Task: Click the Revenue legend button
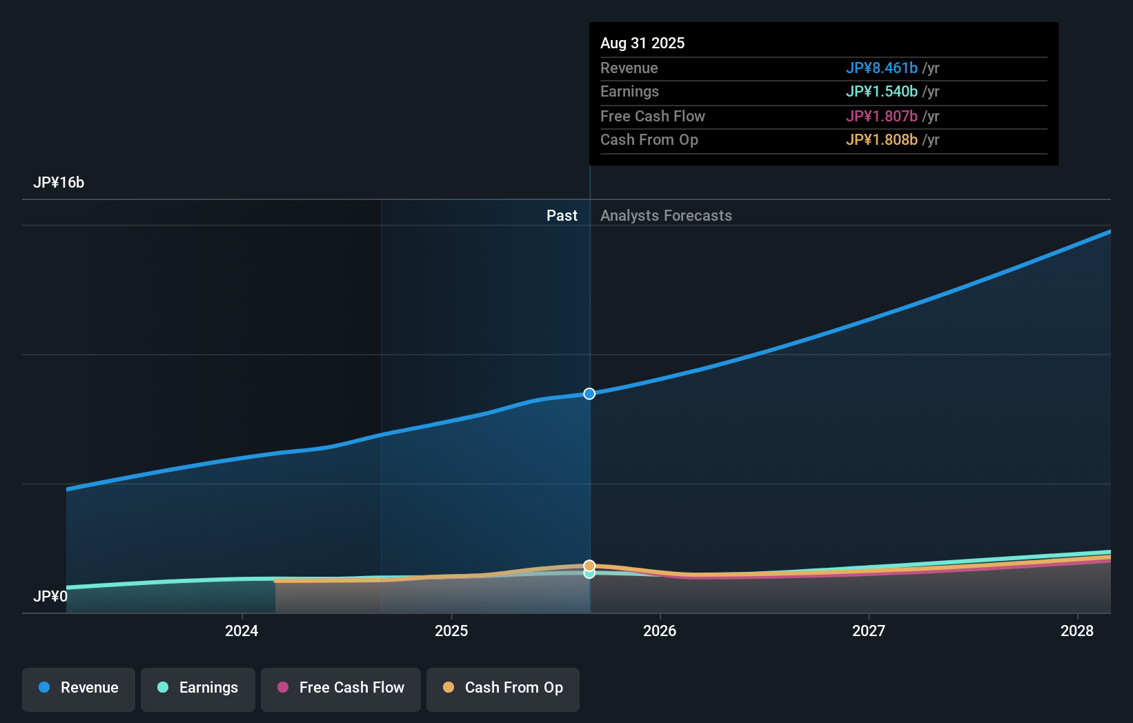pos(79,688)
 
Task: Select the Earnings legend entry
pos(198,688)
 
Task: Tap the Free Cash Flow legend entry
pos(341,688)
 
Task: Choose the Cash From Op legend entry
pos(503,688)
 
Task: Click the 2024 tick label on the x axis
pos(242,631)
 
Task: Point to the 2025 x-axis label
pos(451,631)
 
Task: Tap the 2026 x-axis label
pos(660,631)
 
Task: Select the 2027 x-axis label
pos(869,631)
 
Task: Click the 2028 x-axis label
pos(1077,631)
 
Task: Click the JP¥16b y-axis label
pos(59,183)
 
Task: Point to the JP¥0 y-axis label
pos(50,596)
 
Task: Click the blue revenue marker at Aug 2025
pos(589,394)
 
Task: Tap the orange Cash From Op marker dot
pos(589,566)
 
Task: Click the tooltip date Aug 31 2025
pos(642,43)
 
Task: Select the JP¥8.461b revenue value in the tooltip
pos(882,68)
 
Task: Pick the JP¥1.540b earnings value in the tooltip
pos(882,92)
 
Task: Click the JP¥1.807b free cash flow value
pos(882,117)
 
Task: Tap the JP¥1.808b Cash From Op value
pos(882,140)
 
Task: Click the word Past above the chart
pos(562,216)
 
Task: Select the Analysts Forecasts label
pos(666,216)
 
